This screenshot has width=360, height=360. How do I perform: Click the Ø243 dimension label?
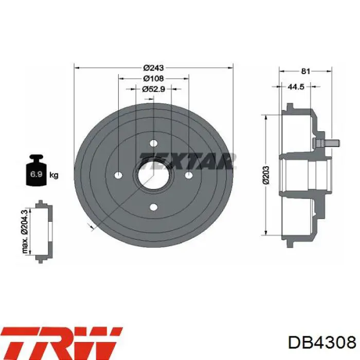click(154, 68)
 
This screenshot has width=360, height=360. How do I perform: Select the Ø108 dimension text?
click(154, 79)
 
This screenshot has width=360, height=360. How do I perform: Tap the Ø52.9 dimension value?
click(153, 89)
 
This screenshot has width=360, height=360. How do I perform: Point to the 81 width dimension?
click(305, 71)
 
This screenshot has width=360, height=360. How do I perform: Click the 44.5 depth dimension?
click(296, 86)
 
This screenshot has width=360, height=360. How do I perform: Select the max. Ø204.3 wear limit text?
click(25, 231)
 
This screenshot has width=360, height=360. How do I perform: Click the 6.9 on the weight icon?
click(36, 174)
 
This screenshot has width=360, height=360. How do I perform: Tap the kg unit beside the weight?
click(54, 175)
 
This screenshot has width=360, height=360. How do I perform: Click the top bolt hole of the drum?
click(154, 143)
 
